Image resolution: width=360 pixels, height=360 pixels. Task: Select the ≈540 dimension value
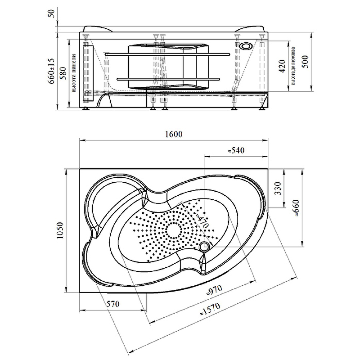(235, 150)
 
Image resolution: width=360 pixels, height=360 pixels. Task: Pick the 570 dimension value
(112, 304)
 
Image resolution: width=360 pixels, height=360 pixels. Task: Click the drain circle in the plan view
(205, 247)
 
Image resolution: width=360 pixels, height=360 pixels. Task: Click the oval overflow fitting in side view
(247, 46)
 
